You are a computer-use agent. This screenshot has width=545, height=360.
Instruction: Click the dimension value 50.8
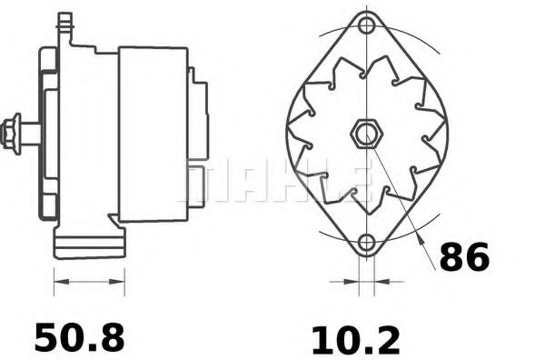point(79,337)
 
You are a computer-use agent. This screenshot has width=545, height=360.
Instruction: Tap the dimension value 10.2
point(355,340)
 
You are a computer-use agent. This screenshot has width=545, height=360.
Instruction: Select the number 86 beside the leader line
point(464,258)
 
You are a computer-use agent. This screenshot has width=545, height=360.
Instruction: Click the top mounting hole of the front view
point(366,25)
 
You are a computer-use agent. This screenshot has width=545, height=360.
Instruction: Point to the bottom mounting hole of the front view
point(366,243)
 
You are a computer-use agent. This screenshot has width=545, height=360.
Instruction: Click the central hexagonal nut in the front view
point(365,135)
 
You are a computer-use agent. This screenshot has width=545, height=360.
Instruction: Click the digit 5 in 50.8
point(46,337)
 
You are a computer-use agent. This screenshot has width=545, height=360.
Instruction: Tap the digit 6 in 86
point(477,258)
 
